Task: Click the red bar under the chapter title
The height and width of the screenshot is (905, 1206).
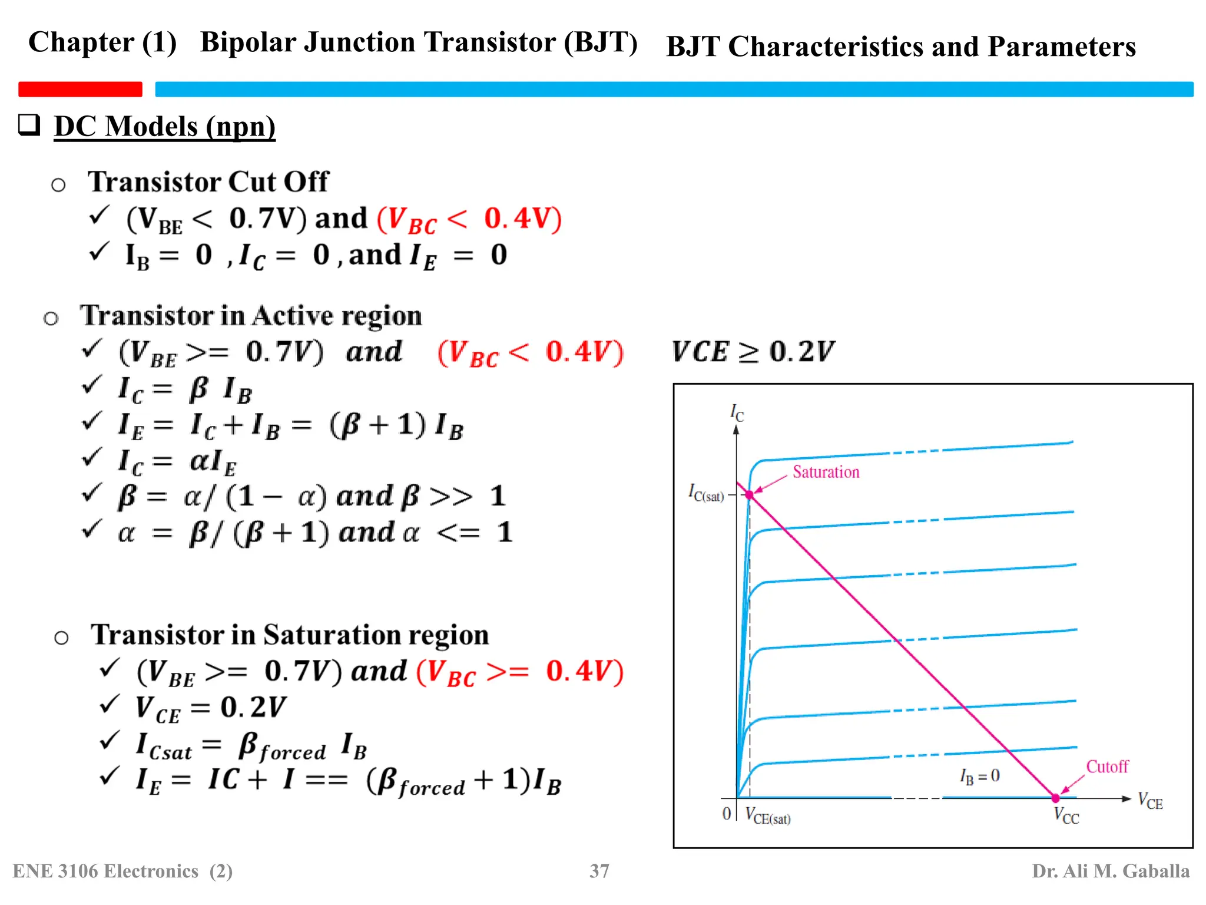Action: [x=80, y=89]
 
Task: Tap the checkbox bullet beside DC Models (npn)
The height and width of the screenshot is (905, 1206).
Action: [x=29, y=125]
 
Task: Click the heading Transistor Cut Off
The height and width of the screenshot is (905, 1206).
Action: [x=208, y=181]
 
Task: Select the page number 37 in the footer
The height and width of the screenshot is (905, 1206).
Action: [x=599, y=871]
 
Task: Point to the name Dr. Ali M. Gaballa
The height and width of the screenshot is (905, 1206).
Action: [x=1110, y=871]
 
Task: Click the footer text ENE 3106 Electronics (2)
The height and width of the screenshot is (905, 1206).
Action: [x=122, y=871]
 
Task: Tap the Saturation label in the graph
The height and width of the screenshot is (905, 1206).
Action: [x=826, y=472]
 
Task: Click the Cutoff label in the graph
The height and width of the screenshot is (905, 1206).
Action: [x=1107, y=767]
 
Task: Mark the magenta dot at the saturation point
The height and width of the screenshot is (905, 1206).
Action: [x=750, y=495]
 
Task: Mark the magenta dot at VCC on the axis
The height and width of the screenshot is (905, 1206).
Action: [x=1055, y=798]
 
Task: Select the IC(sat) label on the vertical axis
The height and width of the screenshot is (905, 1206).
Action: [x=706, y=493]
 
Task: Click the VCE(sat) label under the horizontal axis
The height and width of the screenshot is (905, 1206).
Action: [x=768, y=816]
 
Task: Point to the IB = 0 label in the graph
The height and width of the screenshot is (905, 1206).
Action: [x=979, y=777]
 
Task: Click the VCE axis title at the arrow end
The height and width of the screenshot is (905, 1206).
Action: [x=1150, y=801]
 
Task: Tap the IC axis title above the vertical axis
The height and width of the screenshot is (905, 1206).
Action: [x=737, y=412]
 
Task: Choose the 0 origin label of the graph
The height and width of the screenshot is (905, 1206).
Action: [x=727, y=814]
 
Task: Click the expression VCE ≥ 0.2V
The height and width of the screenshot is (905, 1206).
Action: [x=753, y=352]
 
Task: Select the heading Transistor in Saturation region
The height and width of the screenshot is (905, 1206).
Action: [x=290, y=635]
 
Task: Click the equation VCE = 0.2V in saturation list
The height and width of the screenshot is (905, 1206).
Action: [x=211, y=708]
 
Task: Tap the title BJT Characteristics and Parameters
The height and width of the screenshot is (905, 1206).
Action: [x=900, y=47]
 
